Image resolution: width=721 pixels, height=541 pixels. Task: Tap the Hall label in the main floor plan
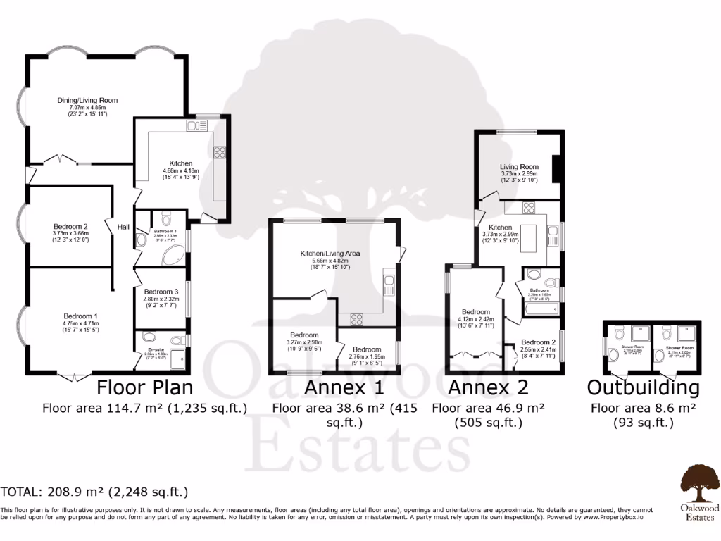[x=123, y=227]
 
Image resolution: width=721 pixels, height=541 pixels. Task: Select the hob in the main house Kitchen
[x=218, y=151]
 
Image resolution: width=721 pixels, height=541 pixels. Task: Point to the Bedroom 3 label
[x=161, y=292]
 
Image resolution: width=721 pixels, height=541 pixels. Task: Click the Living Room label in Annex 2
[x=519, y=166]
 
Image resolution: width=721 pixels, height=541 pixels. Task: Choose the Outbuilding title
[x=643, y=387]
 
